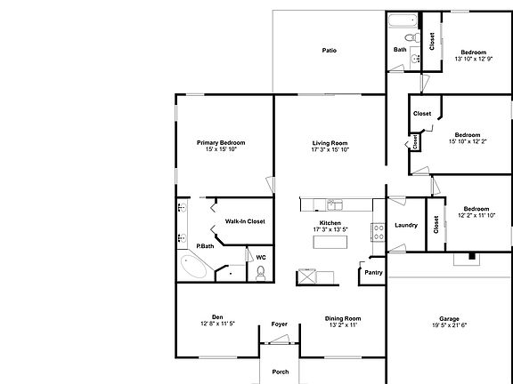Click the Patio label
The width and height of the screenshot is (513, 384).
pyautogui.click(x=330, y=51)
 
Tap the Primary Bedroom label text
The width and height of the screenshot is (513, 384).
pyautogui.click(x=221, y=142)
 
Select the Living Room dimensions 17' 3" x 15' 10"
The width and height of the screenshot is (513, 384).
pyautogui.click(x=330, y=150)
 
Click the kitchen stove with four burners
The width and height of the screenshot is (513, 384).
pyautogui.click(x=378, y=233)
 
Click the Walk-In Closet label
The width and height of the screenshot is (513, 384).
pyautogui.click(x=244, y=221)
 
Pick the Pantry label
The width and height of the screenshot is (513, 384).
pyautogui.click(x=372, y=274)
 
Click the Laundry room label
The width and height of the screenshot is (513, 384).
pyautogui.click(x=405, y=226)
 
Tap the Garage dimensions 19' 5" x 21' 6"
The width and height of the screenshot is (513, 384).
pyautogui.click(x=449, y=326)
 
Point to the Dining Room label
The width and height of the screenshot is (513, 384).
pyautogui.click(x=330, y=318)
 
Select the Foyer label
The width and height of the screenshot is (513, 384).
pyautogui.click(x=279, y=324)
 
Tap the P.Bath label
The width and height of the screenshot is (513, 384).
pyautogui.click(x=205, y=245)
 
